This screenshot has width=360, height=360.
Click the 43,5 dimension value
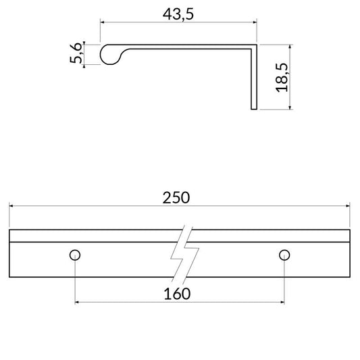click(x=178, y=14)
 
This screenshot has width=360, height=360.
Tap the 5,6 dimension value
click(x=76, y=53)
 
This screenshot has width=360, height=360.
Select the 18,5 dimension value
click(x=282, y=78)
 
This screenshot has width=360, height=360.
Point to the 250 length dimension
click(x=176, y=198)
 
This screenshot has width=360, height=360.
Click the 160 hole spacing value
click(x=177, y=294)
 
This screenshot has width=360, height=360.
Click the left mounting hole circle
click(x=75, y=255)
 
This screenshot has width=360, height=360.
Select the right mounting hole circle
click(x=284, y=255)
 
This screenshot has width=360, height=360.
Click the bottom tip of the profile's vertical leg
click(x=254, y=109)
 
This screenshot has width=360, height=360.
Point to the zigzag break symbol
click(x=184, y=254)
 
